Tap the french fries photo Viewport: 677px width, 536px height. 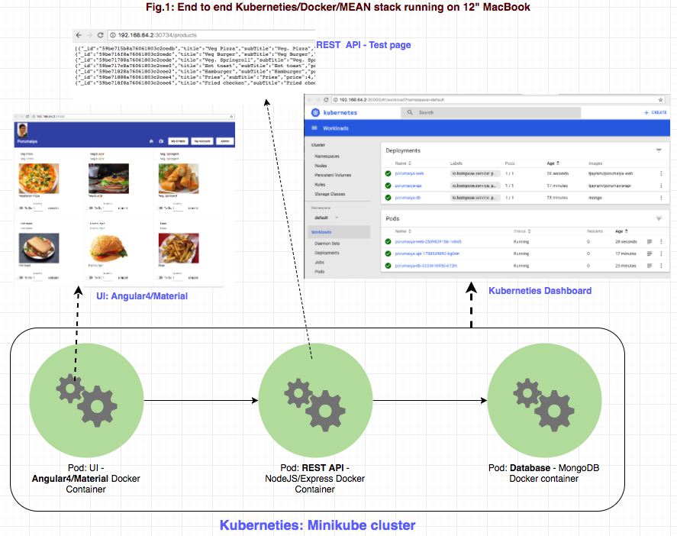(178, 248)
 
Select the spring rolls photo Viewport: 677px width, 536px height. (178, 179)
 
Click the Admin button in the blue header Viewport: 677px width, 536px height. (224, 141)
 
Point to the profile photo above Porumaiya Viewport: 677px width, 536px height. (23, 128)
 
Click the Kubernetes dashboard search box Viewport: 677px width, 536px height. (458, 112)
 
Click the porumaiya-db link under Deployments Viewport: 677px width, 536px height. (408, 198)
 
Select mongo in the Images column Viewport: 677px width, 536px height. (595, 198)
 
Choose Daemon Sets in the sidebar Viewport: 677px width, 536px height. (327, 243)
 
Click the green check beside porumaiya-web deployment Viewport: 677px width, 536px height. (388, 173)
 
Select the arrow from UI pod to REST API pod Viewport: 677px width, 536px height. (198, 400)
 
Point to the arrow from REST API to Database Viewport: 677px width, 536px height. (427, 400)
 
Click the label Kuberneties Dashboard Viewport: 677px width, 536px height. (539, 290)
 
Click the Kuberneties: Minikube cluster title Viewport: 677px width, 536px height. (318, 525)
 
